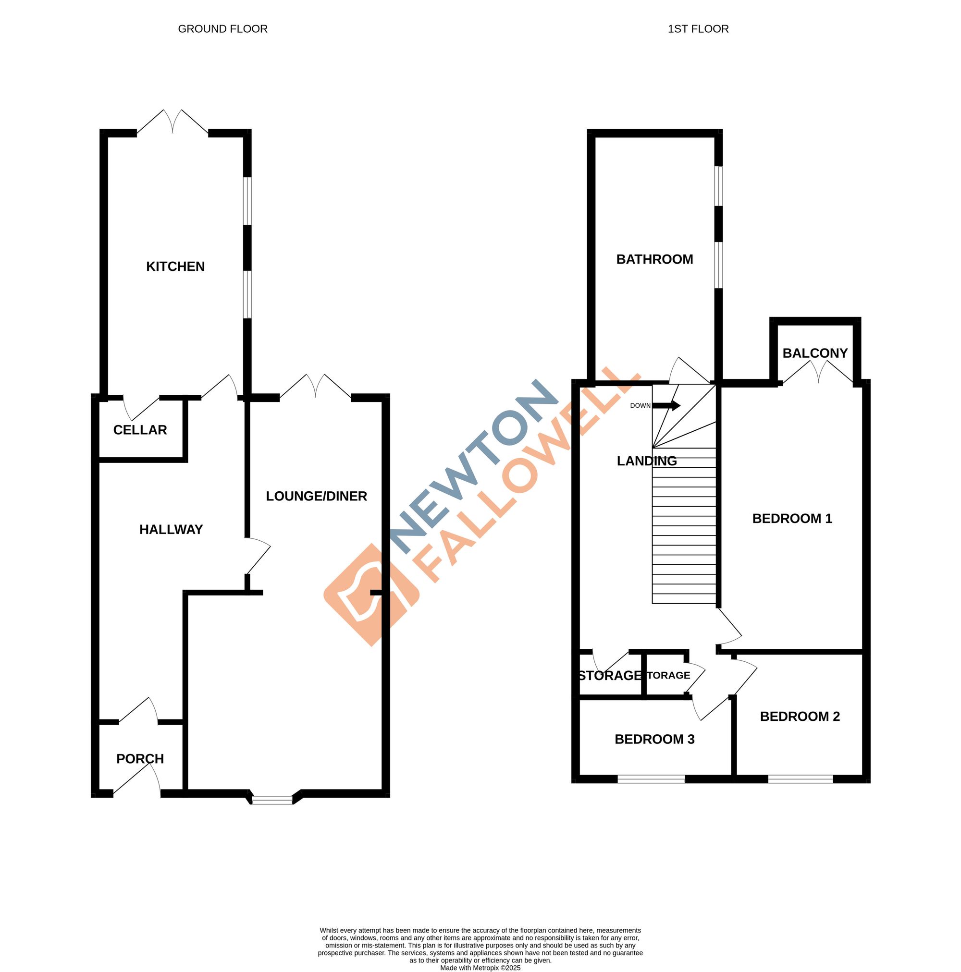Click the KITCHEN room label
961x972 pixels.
coord(175,266)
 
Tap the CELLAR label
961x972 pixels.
coord(140,430)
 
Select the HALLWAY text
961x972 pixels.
coord(171,529)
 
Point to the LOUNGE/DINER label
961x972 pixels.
coord(316,496)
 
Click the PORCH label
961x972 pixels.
coord(140,759)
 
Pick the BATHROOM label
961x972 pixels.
coord(654,259)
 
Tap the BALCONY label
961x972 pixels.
coord(814,353)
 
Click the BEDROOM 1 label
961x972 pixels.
coord(792,519)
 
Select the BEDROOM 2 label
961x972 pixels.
coord(800,717)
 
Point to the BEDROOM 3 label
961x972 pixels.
coord(654,739)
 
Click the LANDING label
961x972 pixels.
coord(646,461)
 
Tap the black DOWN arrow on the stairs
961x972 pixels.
coord(666,405)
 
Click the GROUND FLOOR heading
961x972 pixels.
coord(222,29)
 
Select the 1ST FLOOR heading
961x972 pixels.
coord(698,29)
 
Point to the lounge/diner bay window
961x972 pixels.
coord(272,800)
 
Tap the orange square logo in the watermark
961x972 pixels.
coord(371,595)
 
